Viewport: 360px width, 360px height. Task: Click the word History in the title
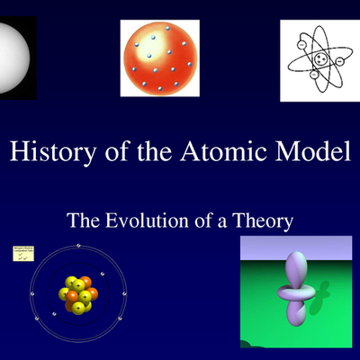(45, 150)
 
